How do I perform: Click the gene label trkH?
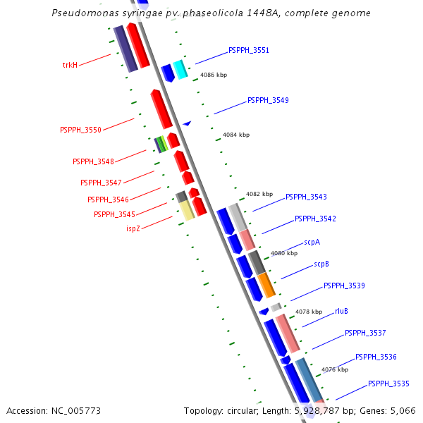click(70, 65)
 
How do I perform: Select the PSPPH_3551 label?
click(248, 51)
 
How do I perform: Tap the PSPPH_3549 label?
click(268, 101)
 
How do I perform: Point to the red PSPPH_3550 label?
click(80, 130)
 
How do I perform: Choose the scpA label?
click(312, 242)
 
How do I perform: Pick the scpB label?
click(321, 264)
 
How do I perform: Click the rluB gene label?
click(341, 311)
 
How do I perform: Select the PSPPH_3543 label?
click(306, 197)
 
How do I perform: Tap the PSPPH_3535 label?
click(388, 384)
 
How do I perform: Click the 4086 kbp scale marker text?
click(214, 75)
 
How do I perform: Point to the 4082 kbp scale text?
click(259, 194)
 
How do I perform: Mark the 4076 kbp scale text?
click(335, 369)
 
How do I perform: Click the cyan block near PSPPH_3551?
click(180, 69)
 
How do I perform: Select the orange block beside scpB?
click(266, 286)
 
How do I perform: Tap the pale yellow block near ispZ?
click(186, 210)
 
